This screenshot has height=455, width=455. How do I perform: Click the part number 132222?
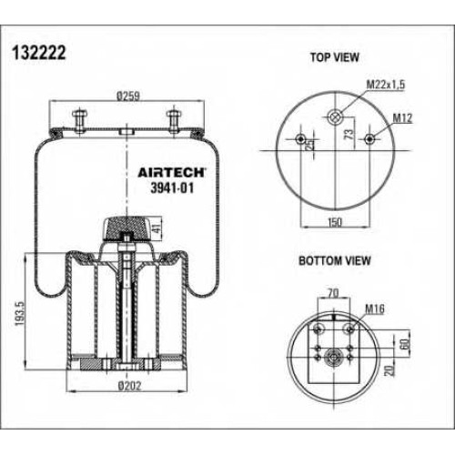click(39, 53)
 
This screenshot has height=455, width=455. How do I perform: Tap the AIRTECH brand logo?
click(172, 172)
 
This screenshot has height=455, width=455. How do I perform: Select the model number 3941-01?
click(172, 188)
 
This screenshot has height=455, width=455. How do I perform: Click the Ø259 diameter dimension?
click(128, 96)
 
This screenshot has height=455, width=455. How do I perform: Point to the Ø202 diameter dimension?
click(129, 386)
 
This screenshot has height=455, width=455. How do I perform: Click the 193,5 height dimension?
click(20, 314)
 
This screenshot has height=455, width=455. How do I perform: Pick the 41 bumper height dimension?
click(157, 228)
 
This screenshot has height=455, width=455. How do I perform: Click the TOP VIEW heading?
click(334, 57)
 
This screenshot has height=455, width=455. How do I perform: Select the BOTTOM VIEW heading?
click(335, 261)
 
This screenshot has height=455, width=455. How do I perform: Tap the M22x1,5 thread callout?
click(386, 85)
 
